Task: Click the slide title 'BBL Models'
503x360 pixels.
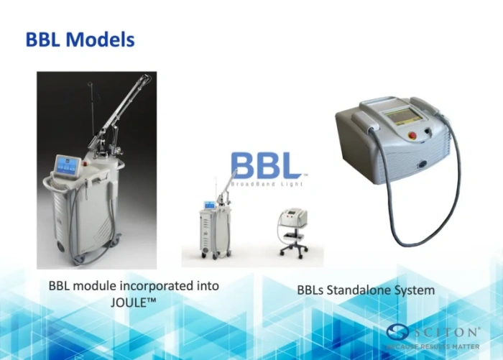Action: click(x=80, y=39)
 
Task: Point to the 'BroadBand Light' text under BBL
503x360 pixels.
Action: click(x=266, y=184)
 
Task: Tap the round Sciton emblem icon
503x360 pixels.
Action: click(x=397, y=333)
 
